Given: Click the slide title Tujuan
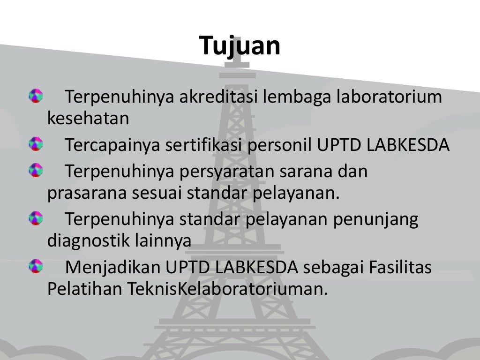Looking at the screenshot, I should pos(240,46).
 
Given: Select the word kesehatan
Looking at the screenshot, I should pos(88,119).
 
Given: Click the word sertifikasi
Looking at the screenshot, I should pos(203,145).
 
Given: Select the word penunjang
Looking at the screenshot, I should pos(375,220).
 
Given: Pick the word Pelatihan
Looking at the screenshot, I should pos(84,289).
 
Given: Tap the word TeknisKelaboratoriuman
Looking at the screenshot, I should pos(226,289).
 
